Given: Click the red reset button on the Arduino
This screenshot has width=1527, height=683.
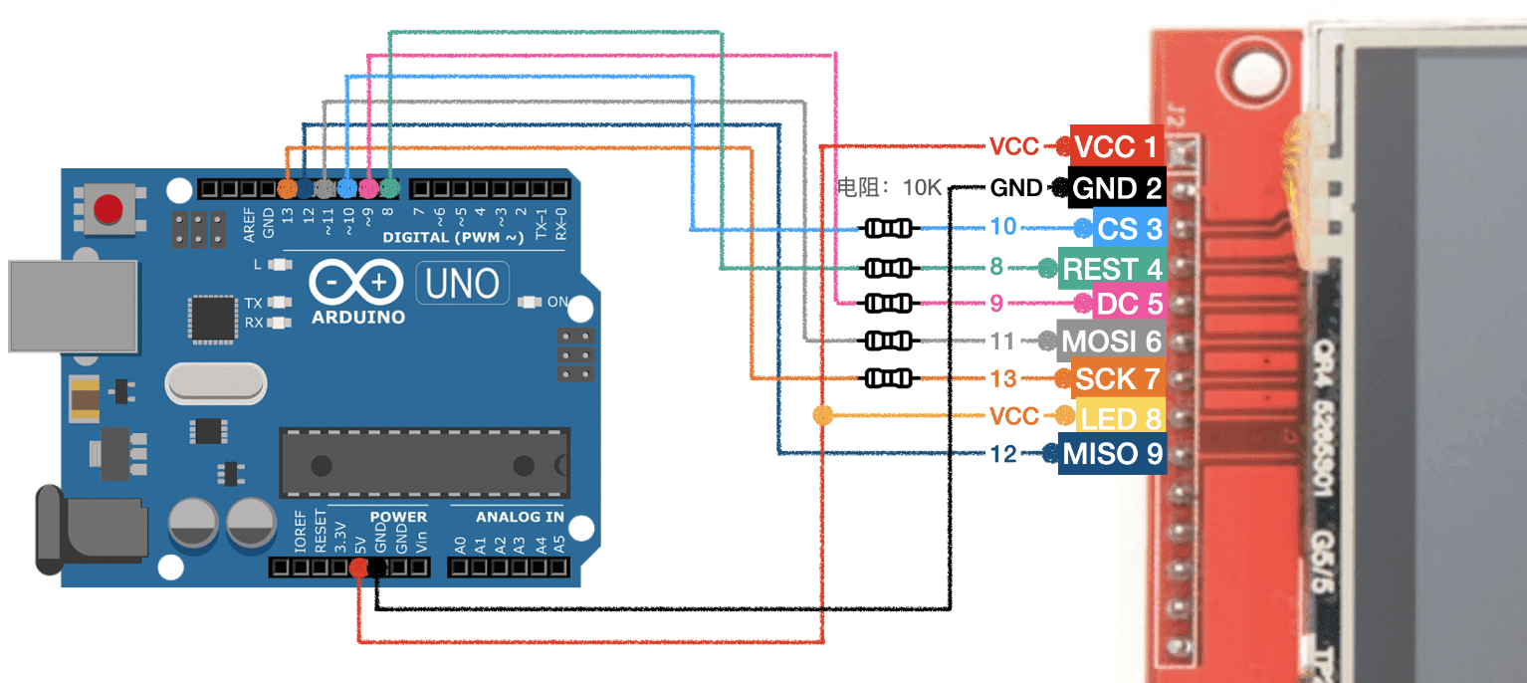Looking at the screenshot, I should pos(108,209).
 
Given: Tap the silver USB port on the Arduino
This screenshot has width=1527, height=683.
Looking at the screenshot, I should pos(72,306).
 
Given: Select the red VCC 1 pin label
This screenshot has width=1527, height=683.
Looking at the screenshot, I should pos(1117,147).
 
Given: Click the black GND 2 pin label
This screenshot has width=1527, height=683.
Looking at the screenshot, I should pos(1117,188).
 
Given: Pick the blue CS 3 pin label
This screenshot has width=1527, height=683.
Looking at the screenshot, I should pos(1129,229).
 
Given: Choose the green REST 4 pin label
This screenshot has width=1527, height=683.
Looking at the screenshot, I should pos(1111,270).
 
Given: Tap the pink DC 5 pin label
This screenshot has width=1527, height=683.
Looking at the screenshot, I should pos(1129,303).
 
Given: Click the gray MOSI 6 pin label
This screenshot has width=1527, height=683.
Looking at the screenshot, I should pos(1110,341).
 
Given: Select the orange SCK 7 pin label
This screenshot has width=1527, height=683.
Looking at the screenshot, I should pos(1117,379).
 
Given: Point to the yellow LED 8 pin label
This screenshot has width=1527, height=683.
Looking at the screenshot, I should pos(1121,417).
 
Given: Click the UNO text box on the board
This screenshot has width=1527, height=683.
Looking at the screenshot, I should pos(462,284).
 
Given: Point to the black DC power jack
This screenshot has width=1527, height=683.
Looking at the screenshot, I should pos(90,528).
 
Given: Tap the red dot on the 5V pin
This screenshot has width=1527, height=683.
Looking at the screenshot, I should pos(359,568).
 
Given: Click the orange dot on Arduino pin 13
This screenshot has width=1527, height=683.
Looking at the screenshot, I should pos(288,187).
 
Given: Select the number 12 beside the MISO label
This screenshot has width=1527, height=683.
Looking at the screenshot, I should pos(1004,454).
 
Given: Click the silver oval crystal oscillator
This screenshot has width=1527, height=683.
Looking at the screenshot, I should pos(216,382).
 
